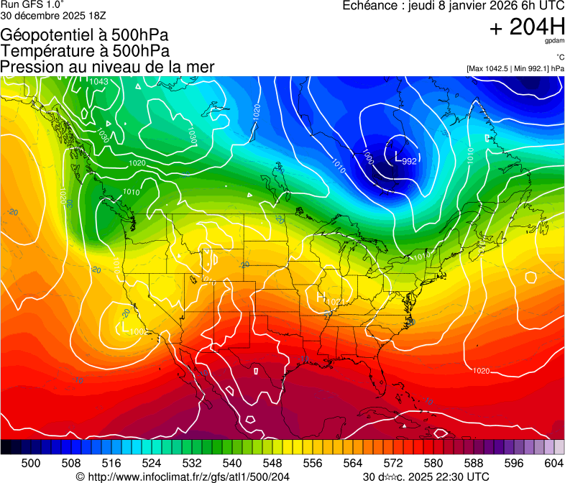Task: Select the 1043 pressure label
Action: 98,81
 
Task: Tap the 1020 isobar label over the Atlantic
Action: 482,371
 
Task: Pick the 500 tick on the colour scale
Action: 31,464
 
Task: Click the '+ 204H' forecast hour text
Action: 527,27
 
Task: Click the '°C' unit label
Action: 559,57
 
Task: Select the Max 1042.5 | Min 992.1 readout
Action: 515,69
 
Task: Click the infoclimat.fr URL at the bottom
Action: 188,477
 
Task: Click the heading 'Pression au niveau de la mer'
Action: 107,67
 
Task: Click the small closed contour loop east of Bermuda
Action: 530,277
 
